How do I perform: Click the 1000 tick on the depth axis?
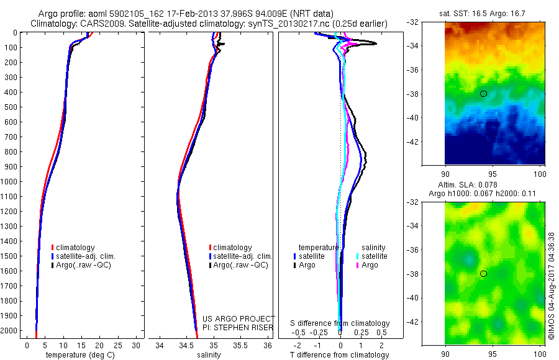[10, 182]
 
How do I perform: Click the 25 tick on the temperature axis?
[118, 344]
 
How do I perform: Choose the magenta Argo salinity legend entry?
[369, 265]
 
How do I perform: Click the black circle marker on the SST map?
[484, 94]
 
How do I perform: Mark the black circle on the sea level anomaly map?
[484, 274]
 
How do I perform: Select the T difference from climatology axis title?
[340, 355]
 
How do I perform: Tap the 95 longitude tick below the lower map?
[493, 354]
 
